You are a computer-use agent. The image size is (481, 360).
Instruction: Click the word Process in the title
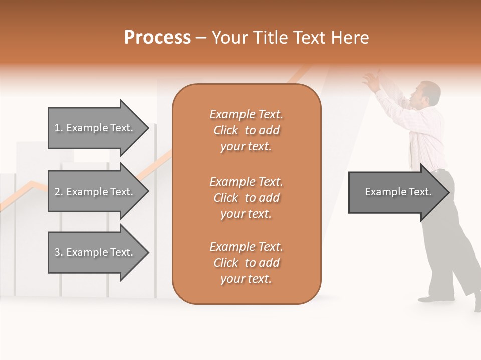click(x=157, y=38)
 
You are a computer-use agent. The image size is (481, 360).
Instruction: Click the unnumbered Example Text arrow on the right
click(x=398, y=192)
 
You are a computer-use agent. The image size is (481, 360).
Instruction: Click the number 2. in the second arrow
click(x=59, y=192)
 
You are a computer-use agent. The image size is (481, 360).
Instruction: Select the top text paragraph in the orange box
click(x=246, y=130)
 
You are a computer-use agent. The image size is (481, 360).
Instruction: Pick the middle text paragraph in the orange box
click(x=246, y=197)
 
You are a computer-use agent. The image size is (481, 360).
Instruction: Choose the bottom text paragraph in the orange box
click(x=246, y=263)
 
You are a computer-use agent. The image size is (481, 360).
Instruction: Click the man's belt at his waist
click(x=440, y=170)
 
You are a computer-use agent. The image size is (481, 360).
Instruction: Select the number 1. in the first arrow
click(x=59, y=128)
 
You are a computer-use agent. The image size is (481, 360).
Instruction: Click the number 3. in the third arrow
click(x=59, y=252)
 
